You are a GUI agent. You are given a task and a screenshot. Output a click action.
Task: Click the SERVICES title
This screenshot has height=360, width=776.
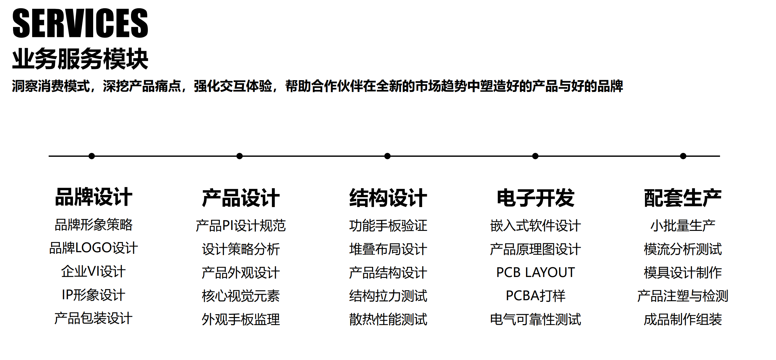(80, 23)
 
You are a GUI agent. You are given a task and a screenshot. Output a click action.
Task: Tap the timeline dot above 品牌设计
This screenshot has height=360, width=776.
(92, 156)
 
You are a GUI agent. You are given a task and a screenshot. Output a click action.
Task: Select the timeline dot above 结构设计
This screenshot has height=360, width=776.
(387, 156)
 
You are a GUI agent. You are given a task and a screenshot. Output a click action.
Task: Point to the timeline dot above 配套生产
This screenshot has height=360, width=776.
(683, 156)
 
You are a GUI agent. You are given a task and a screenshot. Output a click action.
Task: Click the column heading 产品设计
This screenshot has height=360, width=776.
(241, 198)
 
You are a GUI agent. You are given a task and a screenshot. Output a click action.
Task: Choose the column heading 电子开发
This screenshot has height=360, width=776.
(536, 198)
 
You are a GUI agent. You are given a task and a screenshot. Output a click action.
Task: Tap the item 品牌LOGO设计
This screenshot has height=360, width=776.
(94, 248)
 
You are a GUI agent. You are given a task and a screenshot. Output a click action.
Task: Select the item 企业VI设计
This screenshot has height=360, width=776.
(94, 272)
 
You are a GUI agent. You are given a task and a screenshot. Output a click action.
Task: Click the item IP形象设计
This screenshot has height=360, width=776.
(94, 295)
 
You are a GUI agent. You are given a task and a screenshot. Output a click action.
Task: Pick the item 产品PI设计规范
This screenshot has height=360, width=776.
(241, 226)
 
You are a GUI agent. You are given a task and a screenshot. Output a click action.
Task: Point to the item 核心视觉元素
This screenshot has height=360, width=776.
(241, 296)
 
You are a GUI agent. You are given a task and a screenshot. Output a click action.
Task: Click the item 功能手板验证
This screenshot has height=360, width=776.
(388, 226)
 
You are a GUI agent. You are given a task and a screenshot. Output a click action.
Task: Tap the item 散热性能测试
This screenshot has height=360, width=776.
(388, 319)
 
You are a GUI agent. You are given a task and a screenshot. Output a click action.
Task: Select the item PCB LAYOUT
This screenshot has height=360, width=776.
(536, 273)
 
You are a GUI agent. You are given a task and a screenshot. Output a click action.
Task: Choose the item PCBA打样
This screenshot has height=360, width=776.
(536, 296)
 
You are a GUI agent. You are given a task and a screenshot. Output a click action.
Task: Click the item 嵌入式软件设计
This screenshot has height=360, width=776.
(536, 226)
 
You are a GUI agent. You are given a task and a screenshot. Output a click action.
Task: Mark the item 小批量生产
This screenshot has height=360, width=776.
(683, 226)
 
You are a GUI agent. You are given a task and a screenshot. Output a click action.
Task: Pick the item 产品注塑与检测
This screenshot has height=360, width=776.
(683, 296)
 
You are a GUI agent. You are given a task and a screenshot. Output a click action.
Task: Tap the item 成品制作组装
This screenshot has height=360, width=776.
(683, 319)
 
